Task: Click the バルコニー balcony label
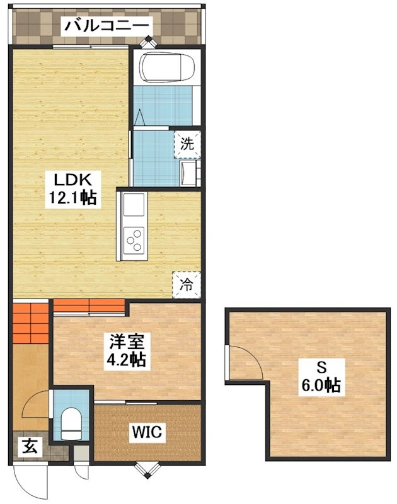[106, 25]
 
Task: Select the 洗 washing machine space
[187, 144]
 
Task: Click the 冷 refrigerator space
[187, 285]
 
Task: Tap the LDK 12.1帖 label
[72, 189]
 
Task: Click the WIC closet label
[147, 432]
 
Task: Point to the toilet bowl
[71, 423]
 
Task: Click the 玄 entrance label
[30, 447]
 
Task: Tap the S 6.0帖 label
[320, 375]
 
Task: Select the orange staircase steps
[30, 323]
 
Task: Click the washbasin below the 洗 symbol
[188, 174]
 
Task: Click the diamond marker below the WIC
[148, 469]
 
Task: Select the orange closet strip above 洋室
[89, 306]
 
